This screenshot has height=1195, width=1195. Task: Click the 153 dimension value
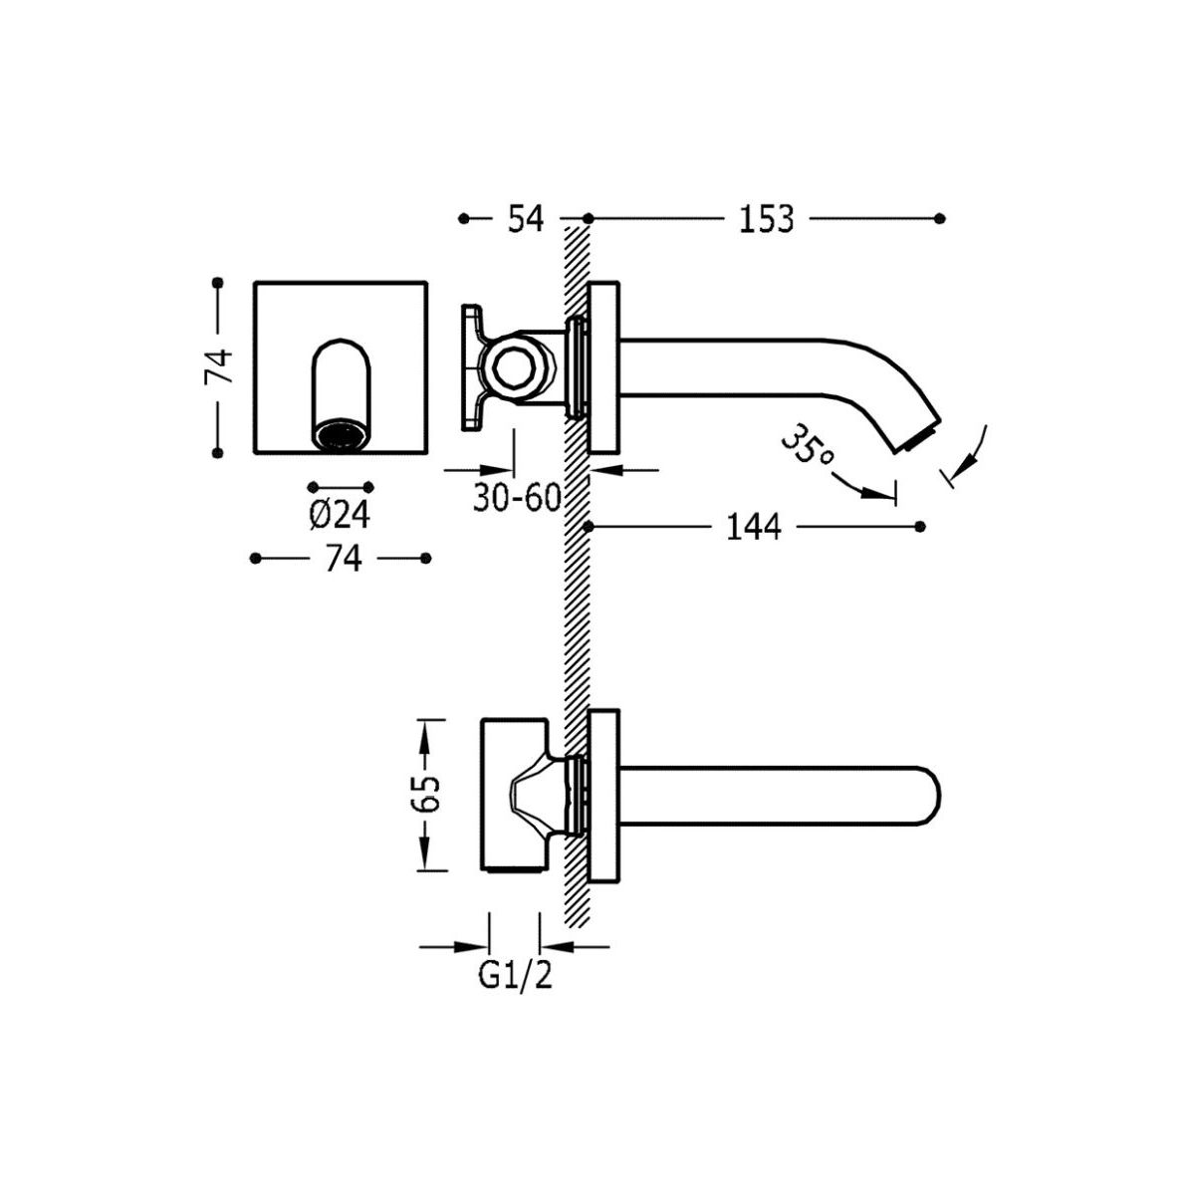[767, 219]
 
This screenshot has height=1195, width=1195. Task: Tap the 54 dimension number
[525, 219]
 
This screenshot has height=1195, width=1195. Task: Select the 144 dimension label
[754, 527]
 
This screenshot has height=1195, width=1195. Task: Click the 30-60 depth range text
[517, 497]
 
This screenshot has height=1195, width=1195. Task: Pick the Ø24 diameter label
[340, 515]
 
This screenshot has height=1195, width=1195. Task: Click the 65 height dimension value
[426, 793]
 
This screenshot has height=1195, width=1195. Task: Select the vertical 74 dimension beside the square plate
[218, 367]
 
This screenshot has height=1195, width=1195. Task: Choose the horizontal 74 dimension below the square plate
[343, 559]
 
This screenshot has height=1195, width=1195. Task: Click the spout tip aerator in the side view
[923, 436]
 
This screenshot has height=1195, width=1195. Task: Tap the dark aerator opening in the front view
[341, 433]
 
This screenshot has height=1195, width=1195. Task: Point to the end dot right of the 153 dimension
[939, 218]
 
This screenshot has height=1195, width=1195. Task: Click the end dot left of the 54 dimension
[464, 218]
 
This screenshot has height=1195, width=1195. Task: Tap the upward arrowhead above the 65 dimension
[425, 737]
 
